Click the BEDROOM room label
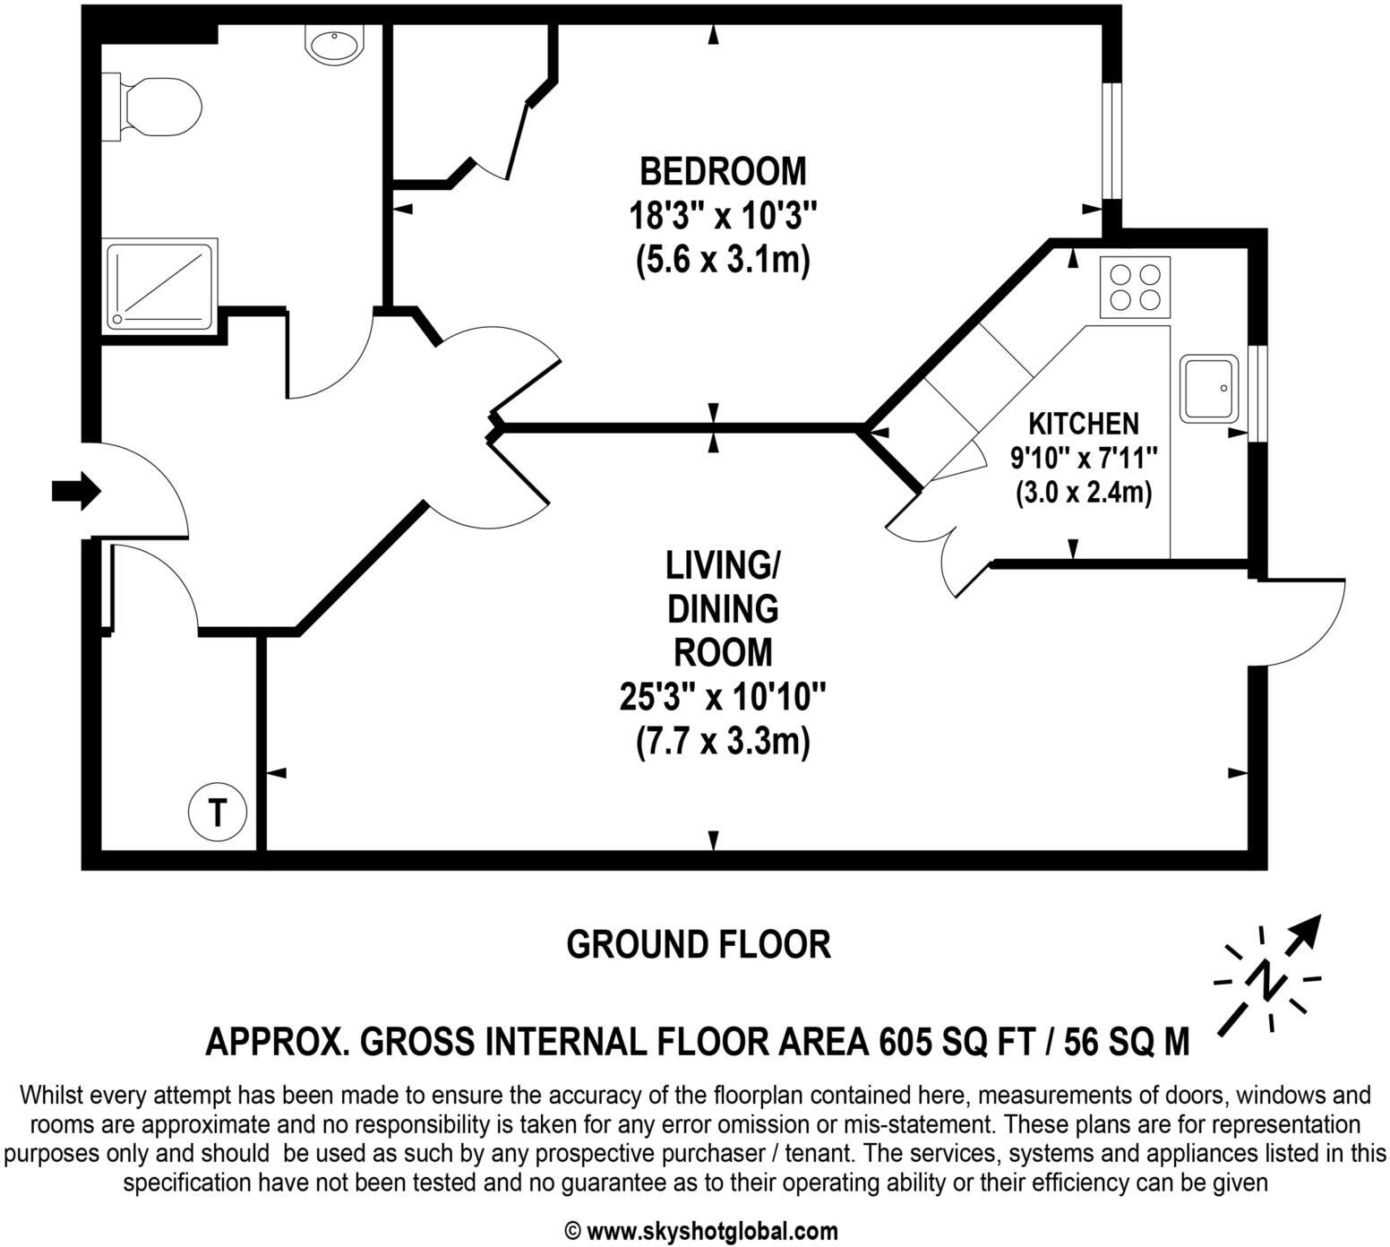pos(722,170)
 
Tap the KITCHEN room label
pos(1083,423)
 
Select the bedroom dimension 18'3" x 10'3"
pos(722,216)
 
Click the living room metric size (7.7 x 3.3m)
pos(722,742)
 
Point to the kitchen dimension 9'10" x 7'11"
pos(1084,458)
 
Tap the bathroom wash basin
pos(334,43)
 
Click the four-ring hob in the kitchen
pos(1134,287)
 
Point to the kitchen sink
pos(1209,388)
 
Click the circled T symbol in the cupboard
pos(217,813)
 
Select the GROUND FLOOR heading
pos(699,944)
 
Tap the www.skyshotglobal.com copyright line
pos(701,1231)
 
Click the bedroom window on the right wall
pos(1111,142)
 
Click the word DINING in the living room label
pos(722,609)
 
